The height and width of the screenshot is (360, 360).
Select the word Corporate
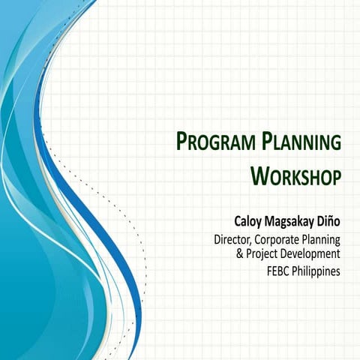pos(277,240)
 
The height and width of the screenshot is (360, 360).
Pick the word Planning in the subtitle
pos(322,241)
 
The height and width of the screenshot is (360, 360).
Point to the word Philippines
pos(319,271)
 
